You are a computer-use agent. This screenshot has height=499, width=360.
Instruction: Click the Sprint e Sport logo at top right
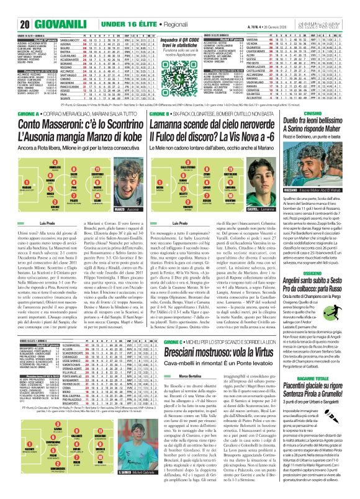click(x=334, y=7)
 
